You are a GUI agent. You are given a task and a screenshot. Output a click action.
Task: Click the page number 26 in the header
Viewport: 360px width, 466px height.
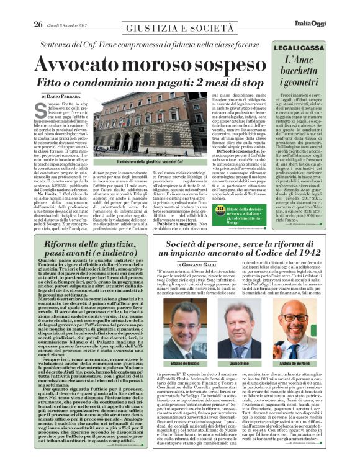(x=37, y=7)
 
